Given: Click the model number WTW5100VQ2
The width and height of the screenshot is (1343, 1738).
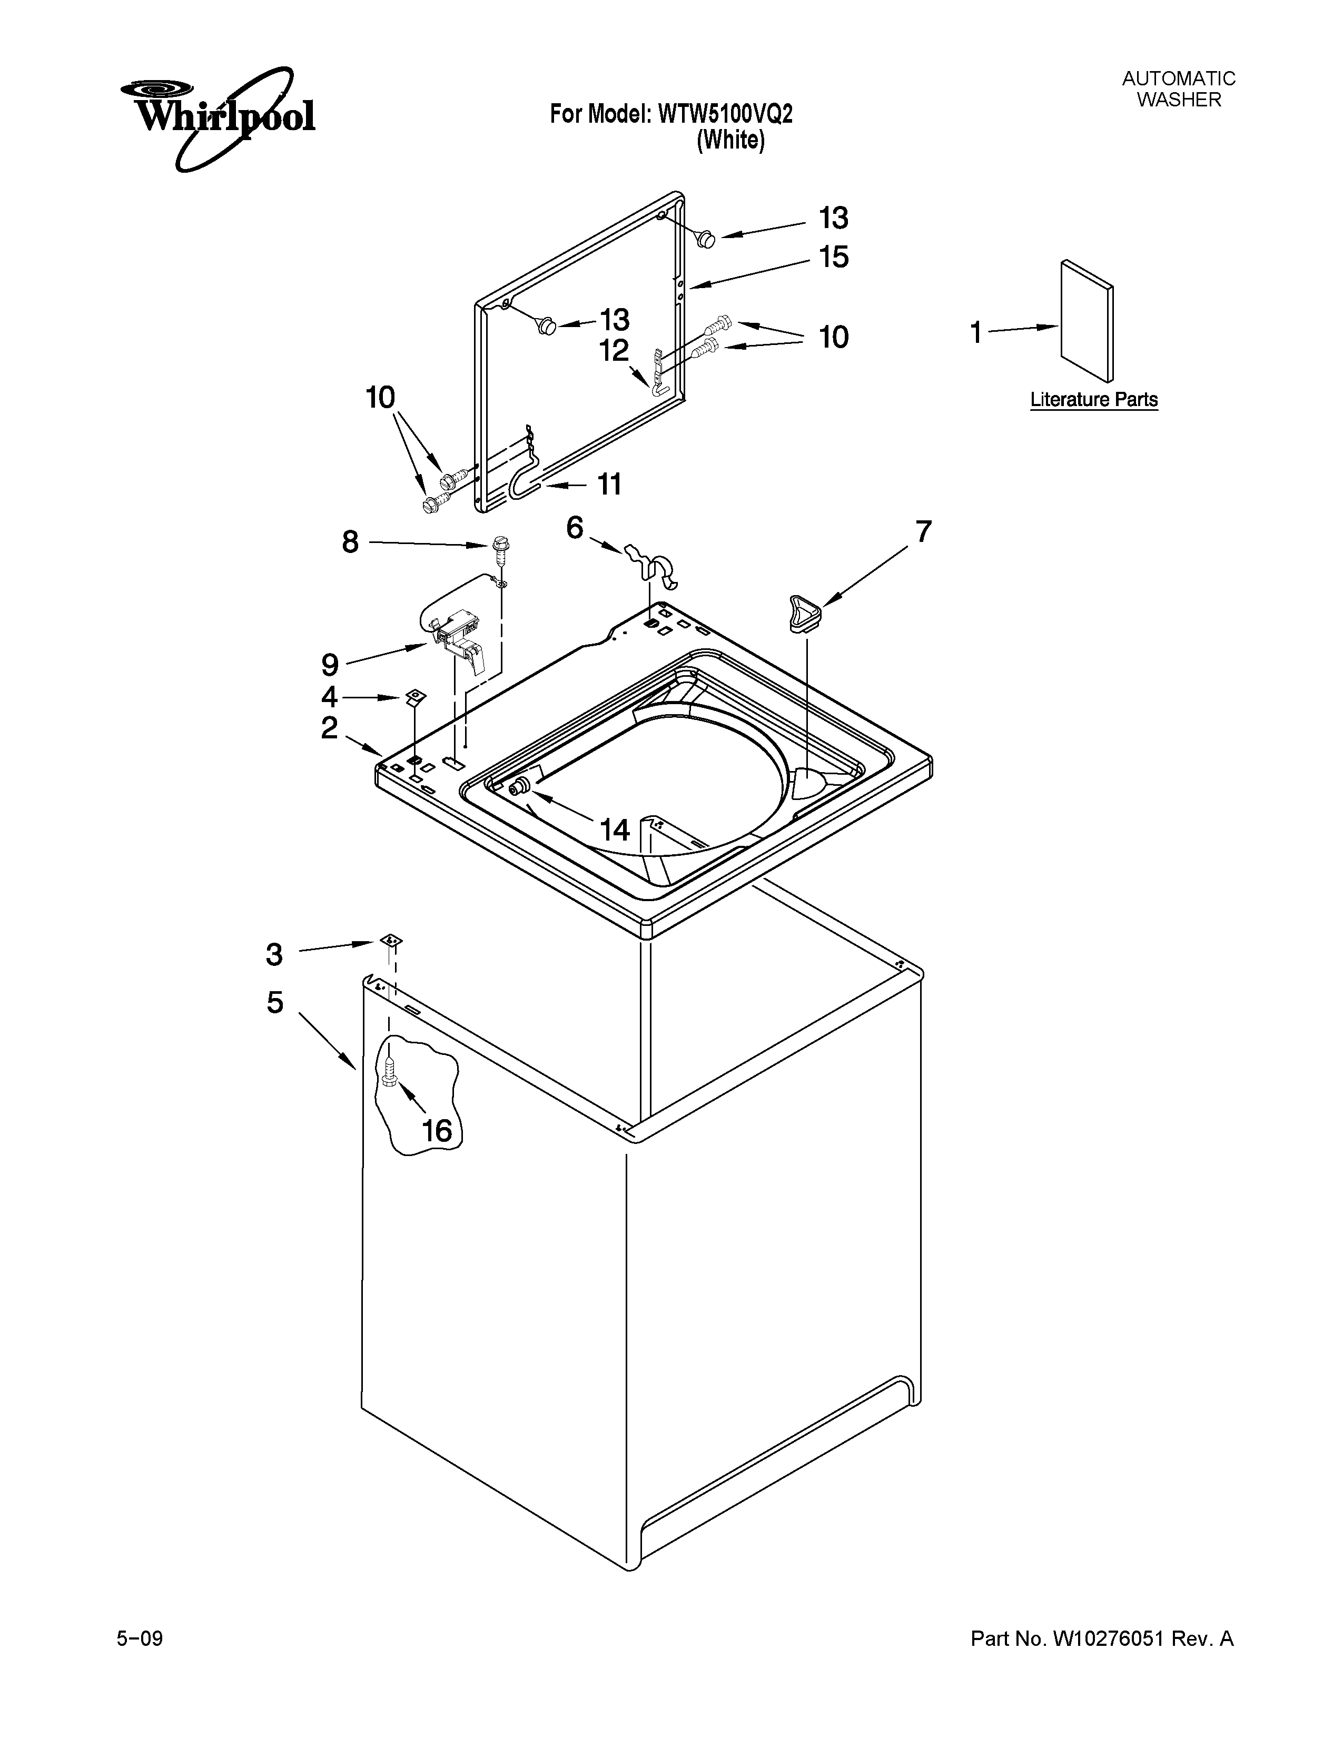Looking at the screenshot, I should coord(725,115).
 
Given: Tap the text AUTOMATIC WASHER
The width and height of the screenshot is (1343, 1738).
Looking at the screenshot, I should coord(1178,89).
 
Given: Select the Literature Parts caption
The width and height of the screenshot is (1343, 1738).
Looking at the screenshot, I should coord(1094,400).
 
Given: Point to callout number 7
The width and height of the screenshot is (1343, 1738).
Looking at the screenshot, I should coord(922,531).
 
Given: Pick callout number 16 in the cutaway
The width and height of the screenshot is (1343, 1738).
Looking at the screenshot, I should coord(437,1131).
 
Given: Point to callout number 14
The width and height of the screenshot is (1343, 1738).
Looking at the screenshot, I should coord(614,830).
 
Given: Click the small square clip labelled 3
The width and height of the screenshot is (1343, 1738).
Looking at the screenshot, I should coord(390,940).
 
